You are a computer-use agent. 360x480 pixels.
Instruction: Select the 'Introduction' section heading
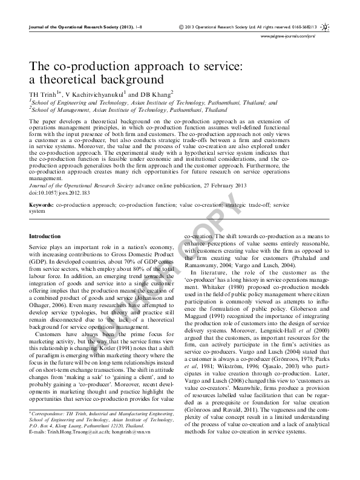click(45, 236)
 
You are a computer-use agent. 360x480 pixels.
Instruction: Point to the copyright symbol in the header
click(182, 27)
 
